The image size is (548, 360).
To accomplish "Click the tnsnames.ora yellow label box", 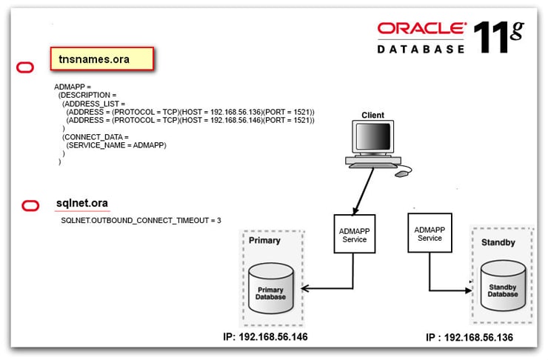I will [101, 59].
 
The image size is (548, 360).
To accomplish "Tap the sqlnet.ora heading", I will [83, 203].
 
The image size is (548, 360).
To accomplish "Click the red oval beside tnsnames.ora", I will [25, 68].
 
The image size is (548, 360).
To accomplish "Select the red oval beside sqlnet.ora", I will [30, 205].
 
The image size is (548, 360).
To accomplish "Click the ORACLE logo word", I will [421, 28].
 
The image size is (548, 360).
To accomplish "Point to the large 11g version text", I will [497, 36].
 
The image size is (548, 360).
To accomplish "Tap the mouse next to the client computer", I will [401, 173].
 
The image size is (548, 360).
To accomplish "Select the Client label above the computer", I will [372, 115].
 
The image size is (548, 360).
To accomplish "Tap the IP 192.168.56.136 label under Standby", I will [470, 338].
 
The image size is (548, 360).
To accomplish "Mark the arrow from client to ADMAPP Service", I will [361, 192].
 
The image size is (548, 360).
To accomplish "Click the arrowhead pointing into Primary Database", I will [305, 288].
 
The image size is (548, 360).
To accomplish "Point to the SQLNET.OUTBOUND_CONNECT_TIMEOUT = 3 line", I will [141, 221].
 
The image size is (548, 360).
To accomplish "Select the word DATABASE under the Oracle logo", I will [421, 49].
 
